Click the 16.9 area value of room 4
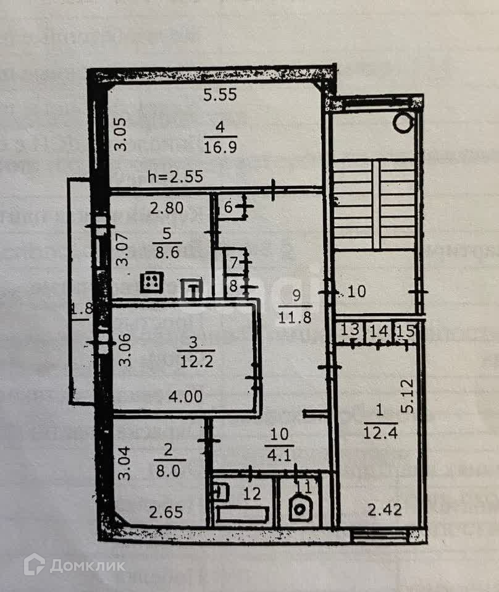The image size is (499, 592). [220, 147]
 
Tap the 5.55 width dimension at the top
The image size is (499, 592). [220, 96]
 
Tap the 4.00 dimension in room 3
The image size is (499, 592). [185, 397]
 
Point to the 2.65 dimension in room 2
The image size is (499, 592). [162, 512]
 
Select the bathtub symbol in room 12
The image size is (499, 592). [241, 514]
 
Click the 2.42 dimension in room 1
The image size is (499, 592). [384, 510]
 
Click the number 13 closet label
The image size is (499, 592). [350, 330]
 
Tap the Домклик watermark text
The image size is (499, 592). [86, 565]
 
